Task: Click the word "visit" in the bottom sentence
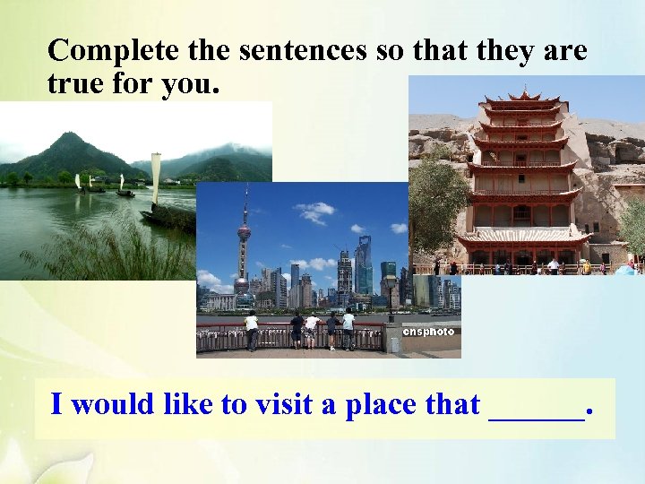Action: tap(284, 404)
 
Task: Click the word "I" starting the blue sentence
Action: tap(56, 404)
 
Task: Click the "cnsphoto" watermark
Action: tap(428, 332)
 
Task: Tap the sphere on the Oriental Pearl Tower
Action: tap(244, 233)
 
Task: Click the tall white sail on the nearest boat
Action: tap(156, 178)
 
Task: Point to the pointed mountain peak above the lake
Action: tap(68, 137)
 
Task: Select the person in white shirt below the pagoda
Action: tap(553, 265)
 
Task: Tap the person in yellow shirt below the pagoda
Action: tap(585, 265)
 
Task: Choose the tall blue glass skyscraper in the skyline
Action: tap(363, 264)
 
